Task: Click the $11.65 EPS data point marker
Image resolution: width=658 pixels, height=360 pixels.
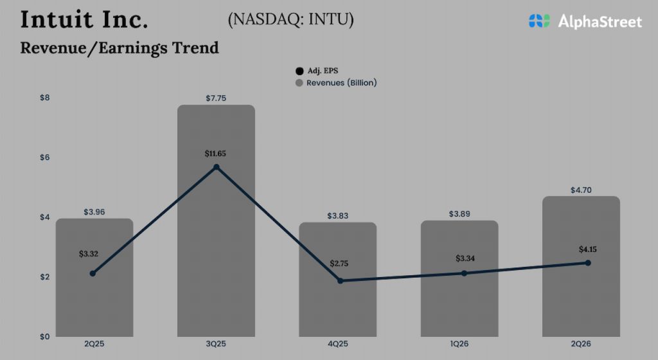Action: [217, 167]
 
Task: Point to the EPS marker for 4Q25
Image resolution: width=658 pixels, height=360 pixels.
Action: [340, 281]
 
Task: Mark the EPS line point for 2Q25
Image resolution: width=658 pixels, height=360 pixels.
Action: [93, 273]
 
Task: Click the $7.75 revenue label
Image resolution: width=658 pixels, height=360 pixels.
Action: [216, 98]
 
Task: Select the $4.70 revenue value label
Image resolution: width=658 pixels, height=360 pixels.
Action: [581, 190]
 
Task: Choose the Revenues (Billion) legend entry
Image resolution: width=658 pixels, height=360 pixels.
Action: [336, 83]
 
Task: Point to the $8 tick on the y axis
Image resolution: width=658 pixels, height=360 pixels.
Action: [45, 98]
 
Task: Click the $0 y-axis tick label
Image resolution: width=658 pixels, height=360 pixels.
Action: [45, 336]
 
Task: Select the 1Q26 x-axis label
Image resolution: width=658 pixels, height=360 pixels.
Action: [459, 345]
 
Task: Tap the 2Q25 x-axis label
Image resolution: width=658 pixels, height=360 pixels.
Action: [94, 345]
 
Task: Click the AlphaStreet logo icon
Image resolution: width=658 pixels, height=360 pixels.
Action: [540, 21]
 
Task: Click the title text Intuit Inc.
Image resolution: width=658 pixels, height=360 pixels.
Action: [84, 19]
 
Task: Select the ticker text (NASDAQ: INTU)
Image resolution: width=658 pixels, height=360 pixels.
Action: [290, 20]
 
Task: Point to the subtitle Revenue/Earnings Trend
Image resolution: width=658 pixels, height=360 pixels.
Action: [120, 48]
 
